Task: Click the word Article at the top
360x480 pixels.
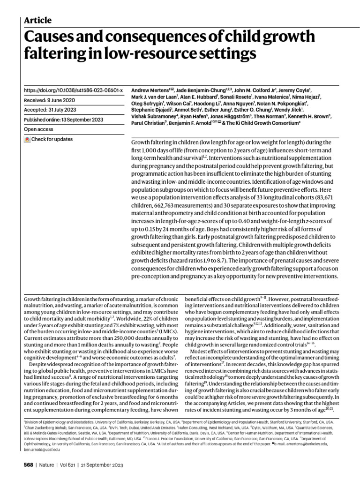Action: click(x=37, y=20)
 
